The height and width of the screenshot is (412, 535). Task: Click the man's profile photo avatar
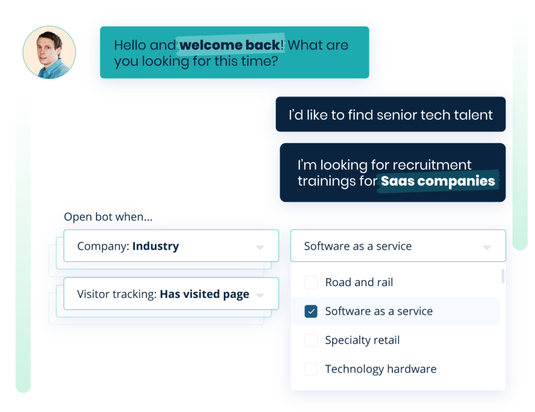[49, 52]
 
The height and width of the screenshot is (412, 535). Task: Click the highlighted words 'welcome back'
[230, 45]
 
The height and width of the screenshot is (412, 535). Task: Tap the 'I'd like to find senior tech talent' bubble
[391, 115]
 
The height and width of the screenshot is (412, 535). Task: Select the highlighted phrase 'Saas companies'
[438, 181]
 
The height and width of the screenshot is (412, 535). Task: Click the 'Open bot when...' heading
[108, 217]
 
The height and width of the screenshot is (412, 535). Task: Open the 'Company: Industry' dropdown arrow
[260, 247]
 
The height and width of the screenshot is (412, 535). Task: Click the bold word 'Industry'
[156, 246]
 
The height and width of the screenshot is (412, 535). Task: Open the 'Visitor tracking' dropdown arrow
[260, 295]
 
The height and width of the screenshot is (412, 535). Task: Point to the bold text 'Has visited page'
[204, 294]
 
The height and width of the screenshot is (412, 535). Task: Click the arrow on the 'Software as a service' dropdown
[487, 247]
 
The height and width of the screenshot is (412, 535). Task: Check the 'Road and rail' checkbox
[311, 282]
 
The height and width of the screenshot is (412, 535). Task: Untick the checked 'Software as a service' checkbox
[311, 312]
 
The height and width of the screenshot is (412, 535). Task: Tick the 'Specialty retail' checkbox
[311, 340]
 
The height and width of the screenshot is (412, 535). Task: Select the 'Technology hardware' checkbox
[311, 369]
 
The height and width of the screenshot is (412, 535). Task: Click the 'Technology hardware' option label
[380, 369]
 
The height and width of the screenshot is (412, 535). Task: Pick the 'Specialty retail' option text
[362, 340]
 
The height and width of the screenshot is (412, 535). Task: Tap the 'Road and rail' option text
[359, 282]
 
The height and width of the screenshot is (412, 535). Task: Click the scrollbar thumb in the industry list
[503, 276]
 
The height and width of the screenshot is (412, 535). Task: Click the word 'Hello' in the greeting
[130, 45]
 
